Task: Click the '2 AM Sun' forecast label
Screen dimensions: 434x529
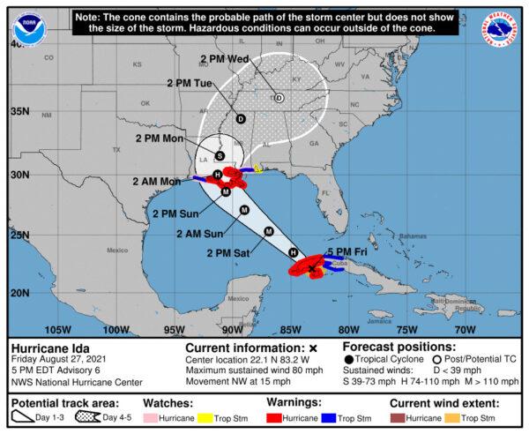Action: [198, 234]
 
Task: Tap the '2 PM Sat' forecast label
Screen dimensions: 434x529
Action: [228, 253]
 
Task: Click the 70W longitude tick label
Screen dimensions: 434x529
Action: [466, 330]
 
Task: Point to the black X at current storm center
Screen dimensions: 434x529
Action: [312, 266]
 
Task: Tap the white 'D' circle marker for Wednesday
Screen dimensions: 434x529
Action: [279, 98]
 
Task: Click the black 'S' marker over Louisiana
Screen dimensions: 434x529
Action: [220, 155]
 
